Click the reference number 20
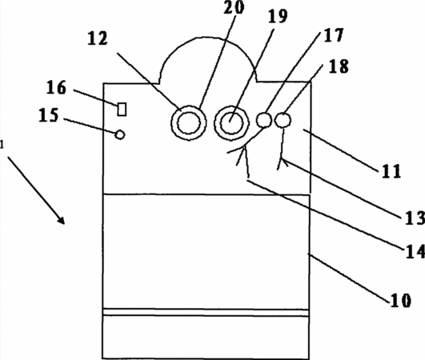point(234,7)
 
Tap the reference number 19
point(277,16)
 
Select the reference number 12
point(98,38)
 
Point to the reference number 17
point(334,35)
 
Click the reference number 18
point(339,66)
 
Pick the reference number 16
point(56,88)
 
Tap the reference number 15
point(49,115)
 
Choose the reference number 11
point(391,171)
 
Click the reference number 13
point(415,218)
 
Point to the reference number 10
point(401,301)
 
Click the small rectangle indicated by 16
point(122,109)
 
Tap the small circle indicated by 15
point(120,134)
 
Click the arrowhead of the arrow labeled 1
point(61,221)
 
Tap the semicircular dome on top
point(207,38)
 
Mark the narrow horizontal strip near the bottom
point(206,312)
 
